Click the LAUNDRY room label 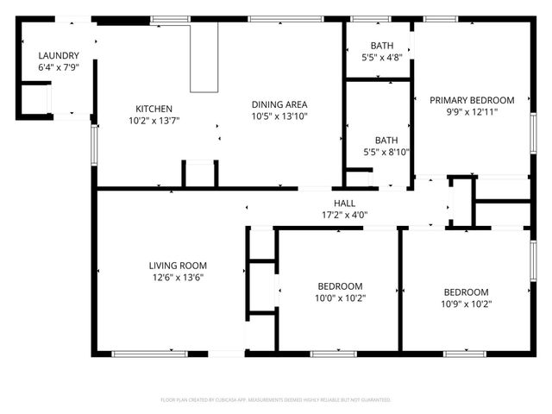pos(59,56)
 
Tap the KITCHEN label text pos(154,109)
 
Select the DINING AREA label pos(279,103)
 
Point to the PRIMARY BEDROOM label pos(472,100)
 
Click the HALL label pos(333,203)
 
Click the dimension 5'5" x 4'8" pos(380,58)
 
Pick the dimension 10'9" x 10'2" pos(466,304)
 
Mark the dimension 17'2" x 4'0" pos(333,215)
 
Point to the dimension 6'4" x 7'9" pos(59,67)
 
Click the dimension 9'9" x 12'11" pos(472,111)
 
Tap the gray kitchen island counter pos(204,57)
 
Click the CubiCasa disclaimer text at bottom pos(276,400)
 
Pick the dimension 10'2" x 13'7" pos(154,120)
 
